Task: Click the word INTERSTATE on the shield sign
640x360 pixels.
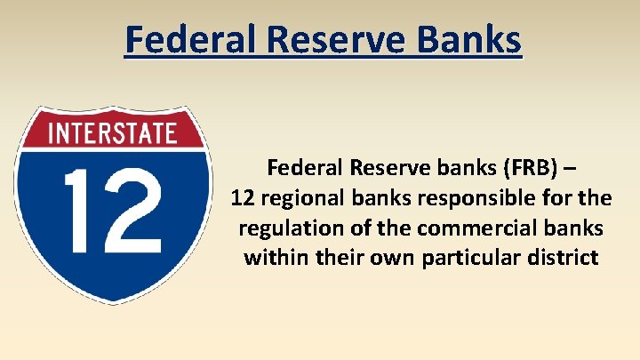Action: (x=112, y=133)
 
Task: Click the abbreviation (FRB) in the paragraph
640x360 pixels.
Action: (x=528, y=167)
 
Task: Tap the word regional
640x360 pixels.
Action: (x=302, y=197)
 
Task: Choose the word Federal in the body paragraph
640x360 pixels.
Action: (x=305, y=167)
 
